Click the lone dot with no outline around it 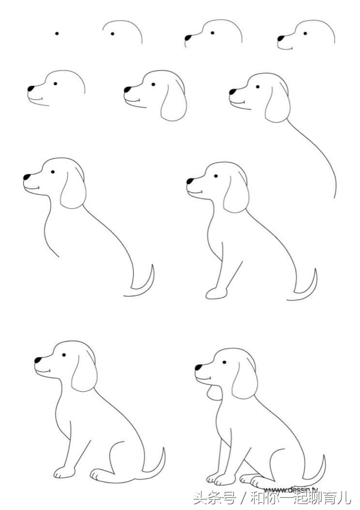click(x=57, y=33)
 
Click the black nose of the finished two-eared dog click(x=198, y=367)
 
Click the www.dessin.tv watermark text click(x=291, y=489)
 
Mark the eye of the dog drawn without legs click(x=53, y=171)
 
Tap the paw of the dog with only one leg click(x=215, y=293)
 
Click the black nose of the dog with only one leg click(x=190, y=181)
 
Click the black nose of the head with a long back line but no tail click(x=232, y=92)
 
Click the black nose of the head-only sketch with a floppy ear click(x=127, y=90)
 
